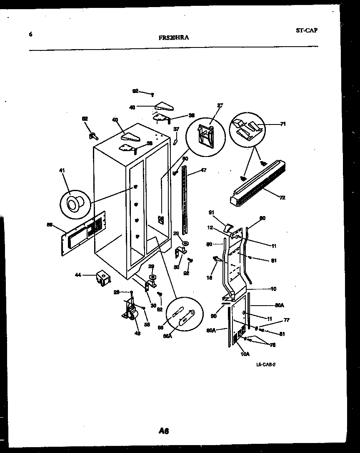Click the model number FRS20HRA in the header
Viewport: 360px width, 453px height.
tap(174, 37)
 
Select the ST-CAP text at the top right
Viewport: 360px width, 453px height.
tap(306, 30)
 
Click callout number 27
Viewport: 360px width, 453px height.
tap(220, 105)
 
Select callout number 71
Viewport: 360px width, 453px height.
tap(283, 124)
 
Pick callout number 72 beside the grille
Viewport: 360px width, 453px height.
tap(282, 198)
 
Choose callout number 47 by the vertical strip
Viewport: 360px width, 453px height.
tap(204, 170)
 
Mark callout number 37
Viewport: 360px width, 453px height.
tap(176, 129)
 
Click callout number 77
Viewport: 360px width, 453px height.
tap(287, 320)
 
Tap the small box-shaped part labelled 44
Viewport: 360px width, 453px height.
tap(101, 277)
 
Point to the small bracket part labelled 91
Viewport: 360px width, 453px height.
tap(229, 227)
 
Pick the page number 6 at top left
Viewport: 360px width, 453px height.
tap(30, 35)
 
